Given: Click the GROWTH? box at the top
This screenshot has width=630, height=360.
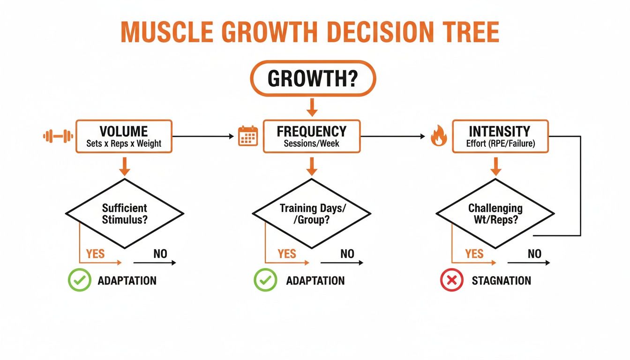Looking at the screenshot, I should pyautogui.click(x=313, y=78).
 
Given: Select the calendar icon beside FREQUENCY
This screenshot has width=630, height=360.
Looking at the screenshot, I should pyautogui.click(x=248, y=136).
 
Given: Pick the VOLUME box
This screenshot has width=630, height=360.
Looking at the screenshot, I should pyautogui.click(x=124, y=136).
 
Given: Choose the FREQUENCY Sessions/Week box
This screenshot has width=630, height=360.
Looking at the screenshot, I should pyautogui.click(x=312, y=136).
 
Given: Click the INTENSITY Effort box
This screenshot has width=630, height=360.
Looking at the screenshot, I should pyautogui.click(x=500, y=136).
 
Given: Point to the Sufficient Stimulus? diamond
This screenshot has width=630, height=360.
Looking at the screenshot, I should pyautogui.click(x=124, y=213).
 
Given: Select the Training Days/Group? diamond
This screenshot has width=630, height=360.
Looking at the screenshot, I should pyautogui.click(x=312, y=213).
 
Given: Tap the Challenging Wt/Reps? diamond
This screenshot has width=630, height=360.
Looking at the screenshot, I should pyautogui.click(x=495, y=213).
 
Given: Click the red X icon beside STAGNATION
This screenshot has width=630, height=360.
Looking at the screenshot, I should pyautogui.click(x=451, y=281).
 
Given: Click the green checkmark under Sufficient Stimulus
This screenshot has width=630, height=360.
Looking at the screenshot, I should pyautogui.click(x=79, y=281).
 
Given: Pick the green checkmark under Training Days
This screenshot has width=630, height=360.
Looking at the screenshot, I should pyautogui.click(x=265, y=281).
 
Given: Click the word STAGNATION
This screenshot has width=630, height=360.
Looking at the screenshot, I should pyautogui.click(x=501, y=281).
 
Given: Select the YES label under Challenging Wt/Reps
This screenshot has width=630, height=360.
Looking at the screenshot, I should pyautogui.click(x=474, y=254).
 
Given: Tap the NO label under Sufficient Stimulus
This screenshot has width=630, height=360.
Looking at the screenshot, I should pyautogui.click(x=160, y=254).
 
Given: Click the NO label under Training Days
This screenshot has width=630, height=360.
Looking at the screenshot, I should pyautogui.click(x=347, y=254).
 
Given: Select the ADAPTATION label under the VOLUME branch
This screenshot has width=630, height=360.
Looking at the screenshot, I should pyautogui.click(x=127, y=281).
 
